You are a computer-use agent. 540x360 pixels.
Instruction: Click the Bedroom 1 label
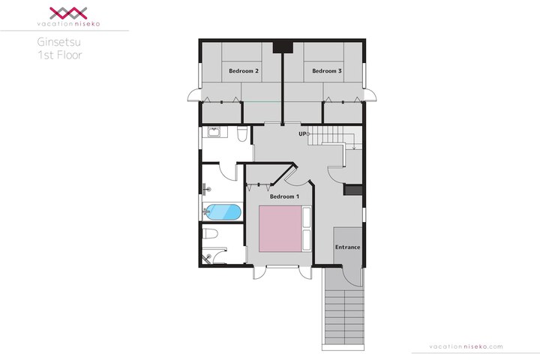click(x=284, y=196)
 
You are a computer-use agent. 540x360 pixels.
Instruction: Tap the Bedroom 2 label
click(x=244, y=70)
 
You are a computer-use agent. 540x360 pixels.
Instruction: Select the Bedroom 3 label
click(x=327, y=70)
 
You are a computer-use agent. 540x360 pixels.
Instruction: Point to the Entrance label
click(x=347, y=247)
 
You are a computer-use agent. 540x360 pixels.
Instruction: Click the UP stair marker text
click(x=302, y=133)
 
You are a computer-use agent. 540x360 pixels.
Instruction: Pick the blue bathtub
click(x=223, y=212)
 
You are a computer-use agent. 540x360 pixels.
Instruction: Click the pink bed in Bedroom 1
click(x=280, y=229)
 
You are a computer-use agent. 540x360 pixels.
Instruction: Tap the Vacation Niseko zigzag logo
click(x=68, y=13)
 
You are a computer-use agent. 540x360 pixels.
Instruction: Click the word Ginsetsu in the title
click(x=59, y=42)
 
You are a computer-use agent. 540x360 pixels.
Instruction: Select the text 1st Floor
click(x=60, y=55)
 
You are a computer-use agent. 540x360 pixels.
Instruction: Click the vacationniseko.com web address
click(x=466, y=346)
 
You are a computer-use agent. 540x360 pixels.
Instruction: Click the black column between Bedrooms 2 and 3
click(x=283, y=46)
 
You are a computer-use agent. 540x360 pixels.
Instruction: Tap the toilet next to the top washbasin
click(x=242, y=134)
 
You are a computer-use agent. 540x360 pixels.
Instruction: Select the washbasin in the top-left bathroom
click(x=214, y=133)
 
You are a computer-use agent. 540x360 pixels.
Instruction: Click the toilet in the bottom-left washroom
click(x=210, y=233)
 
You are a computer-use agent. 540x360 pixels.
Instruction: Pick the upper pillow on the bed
click(x=306, y=217)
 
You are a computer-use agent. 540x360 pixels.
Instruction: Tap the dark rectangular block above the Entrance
click(x=353, y=190)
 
